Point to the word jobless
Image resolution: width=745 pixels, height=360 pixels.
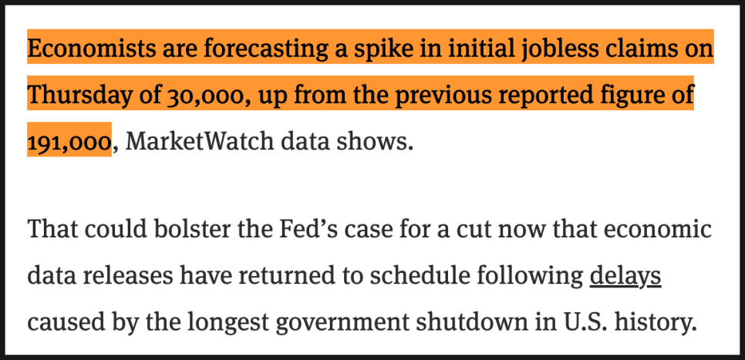(558, 50)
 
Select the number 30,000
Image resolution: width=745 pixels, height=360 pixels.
(204, 96)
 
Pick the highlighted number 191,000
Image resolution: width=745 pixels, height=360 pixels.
(69, 142)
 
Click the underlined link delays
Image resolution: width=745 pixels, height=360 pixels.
(625, 275)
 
